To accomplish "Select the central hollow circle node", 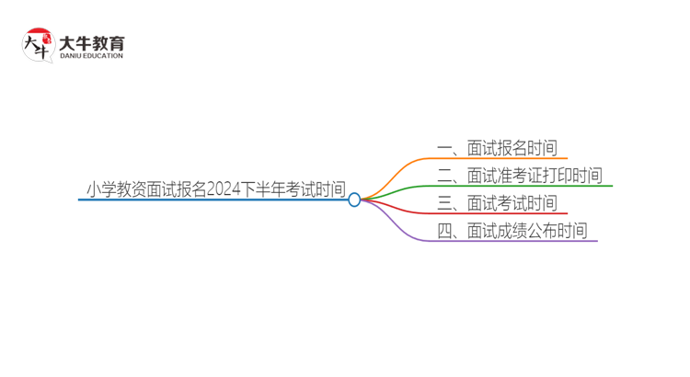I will [354, 199].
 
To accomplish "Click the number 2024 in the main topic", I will [224, 189].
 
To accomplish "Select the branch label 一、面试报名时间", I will [498, 148].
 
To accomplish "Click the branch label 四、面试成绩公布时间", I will [512, 231].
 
